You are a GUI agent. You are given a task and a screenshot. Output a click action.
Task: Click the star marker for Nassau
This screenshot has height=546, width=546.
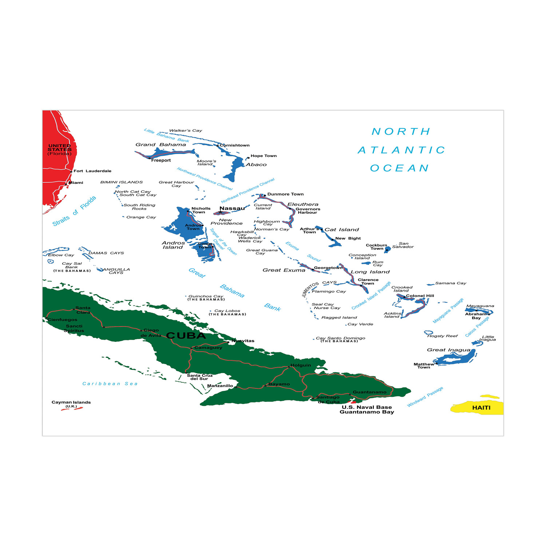click(x=220, y=212)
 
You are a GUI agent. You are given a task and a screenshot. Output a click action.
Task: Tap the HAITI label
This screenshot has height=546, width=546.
click(x=481, y=408)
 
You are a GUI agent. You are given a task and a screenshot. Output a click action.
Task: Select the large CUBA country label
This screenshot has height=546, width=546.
click(x=186, y=336)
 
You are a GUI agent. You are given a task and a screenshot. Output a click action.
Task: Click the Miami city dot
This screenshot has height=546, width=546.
click(x=66, y=184)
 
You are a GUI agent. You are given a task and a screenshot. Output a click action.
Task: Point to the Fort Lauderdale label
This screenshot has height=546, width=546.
click(x=92, y=171)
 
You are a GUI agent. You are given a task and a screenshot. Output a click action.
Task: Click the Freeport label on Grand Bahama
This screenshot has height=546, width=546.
click(x=161, y=160)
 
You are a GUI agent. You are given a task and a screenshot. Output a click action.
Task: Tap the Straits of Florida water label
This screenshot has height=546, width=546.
click(x=74, y=211)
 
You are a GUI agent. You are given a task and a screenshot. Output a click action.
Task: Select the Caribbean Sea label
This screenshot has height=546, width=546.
click(x=110, y=384)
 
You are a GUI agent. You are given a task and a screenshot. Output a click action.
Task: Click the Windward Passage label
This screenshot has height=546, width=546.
click(x=425, y=397)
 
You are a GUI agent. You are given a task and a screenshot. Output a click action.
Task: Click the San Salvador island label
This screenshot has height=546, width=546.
click(x=403, y=245)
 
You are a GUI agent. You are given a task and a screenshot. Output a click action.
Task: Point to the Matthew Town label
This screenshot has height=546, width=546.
click(x=424, y=365)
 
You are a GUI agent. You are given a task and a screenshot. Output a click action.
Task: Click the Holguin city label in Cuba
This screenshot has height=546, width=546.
click(x=301, y=365)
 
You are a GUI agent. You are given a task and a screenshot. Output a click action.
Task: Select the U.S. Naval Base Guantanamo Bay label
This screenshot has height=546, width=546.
click(x=367, y=409)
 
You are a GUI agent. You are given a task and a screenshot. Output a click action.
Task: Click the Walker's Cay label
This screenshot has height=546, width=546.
click(x=186, y=130)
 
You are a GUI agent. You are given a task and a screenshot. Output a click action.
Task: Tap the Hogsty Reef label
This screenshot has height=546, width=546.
click(x=442, y=336)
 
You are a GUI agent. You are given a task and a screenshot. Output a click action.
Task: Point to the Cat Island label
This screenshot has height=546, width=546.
click(x=341, y=229)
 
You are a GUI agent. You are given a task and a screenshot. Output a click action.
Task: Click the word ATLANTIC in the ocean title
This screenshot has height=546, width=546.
click(x=401, y=150)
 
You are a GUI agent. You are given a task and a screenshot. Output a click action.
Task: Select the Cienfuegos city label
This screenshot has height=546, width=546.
click(x=63, y=320)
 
